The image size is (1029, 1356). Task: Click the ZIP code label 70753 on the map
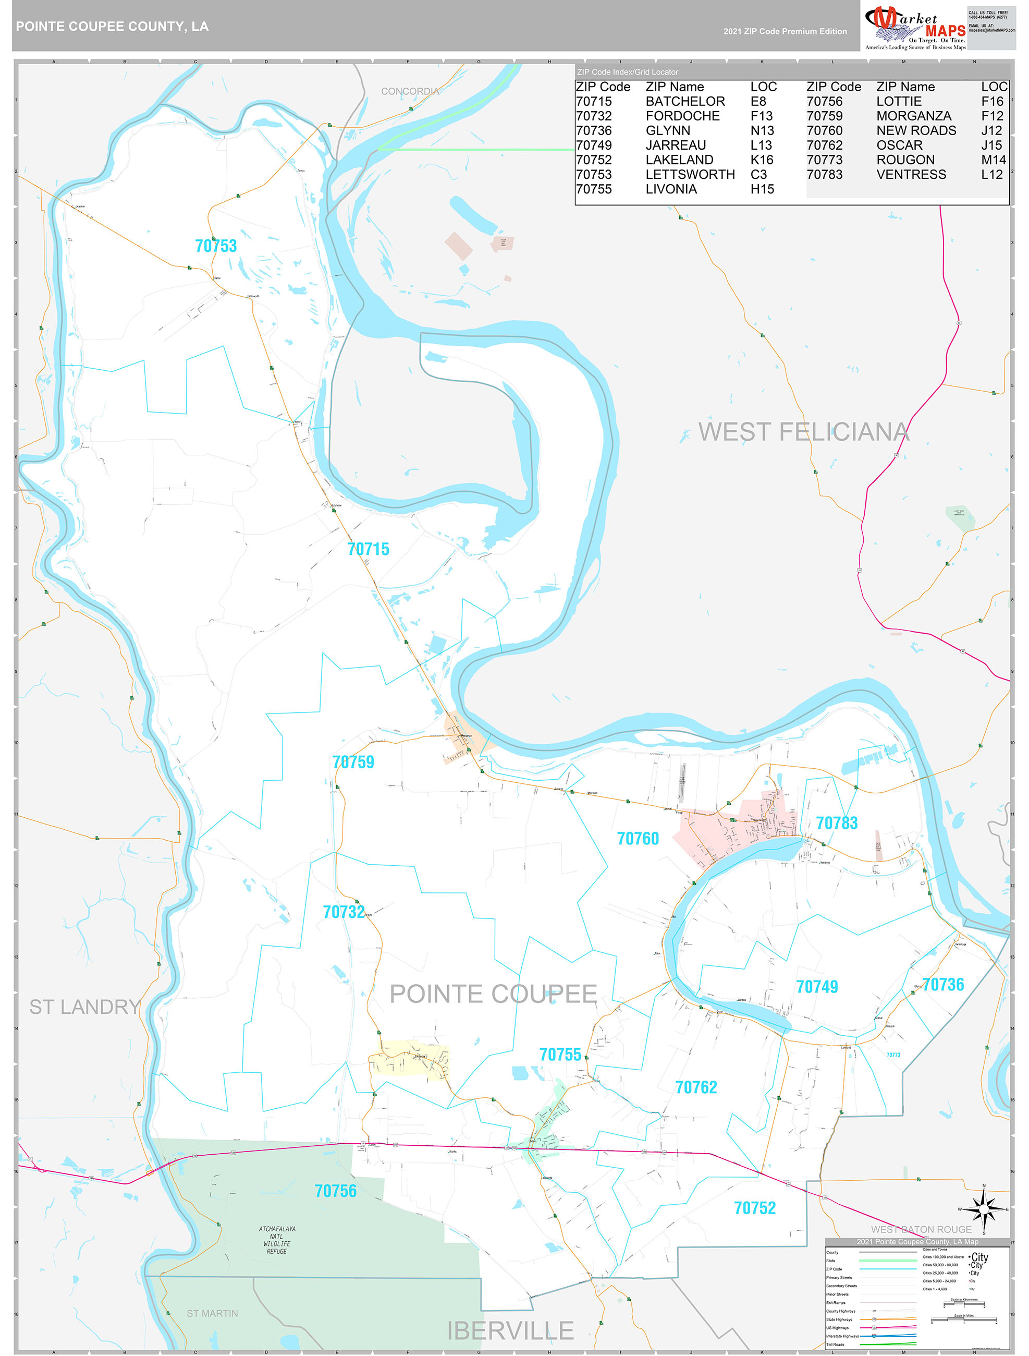point(216,246)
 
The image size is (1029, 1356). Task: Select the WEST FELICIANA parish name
point(803,432)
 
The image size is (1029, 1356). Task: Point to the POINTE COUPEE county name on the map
point(493,994)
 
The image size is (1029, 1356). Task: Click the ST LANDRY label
point(84,1007)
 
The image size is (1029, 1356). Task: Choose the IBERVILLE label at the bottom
point(510,1331)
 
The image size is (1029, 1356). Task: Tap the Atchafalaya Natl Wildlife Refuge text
point(276,1240)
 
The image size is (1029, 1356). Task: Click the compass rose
point(983,1210)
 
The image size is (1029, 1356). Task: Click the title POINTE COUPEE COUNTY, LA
point(112,27)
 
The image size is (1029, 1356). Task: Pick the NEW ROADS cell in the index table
point(915,130)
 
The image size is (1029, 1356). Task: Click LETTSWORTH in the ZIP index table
point(690,175)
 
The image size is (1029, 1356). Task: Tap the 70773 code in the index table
point(824,160)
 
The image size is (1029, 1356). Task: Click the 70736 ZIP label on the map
point(942,985)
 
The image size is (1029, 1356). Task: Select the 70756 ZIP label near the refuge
point(335,1191)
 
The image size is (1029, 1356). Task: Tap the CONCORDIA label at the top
point(410,91)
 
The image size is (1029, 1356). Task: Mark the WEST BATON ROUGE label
point(921,1229)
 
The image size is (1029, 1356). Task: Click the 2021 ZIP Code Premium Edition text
point(785,31)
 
